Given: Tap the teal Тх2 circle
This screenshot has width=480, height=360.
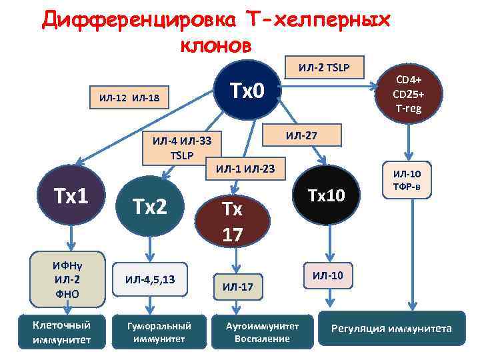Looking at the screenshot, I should click(x=149, y=207).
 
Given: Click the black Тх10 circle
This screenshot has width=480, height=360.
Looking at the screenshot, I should click(x=326, y=195).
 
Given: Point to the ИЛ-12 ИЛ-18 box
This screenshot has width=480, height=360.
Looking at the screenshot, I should click(x=129, y=99).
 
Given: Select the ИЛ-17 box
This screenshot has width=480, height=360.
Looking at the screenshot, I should click(x=238, y=287).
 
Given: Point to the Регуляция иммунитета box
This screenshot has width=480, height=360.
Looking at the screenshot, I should click(x=392, y=329).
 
